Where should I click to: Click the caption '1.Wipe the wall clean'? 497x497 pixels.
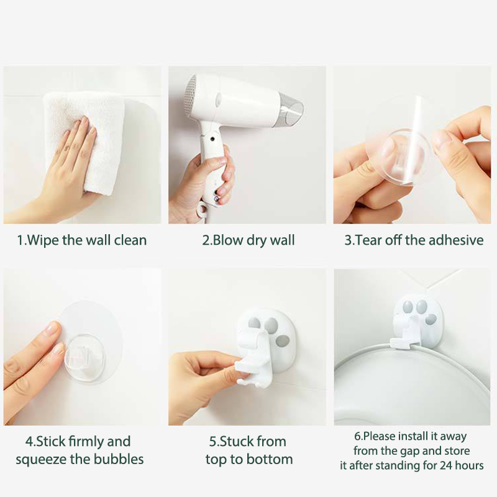point(82,240)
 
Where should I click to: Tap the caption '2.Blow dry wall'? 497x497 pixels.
point(248,240)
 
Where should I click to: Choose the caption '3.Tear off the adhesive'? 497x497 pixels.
point(414,240)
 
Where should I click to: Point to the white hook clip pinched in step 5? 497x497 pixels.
point(253,358)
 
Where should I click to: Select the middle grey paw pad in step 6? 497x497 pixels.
point(421,306)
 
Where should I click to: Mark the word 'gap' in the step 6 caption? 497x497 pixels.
point(410,452)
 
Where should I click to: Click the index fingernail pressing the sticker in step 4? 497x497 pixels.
point(53,328)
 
